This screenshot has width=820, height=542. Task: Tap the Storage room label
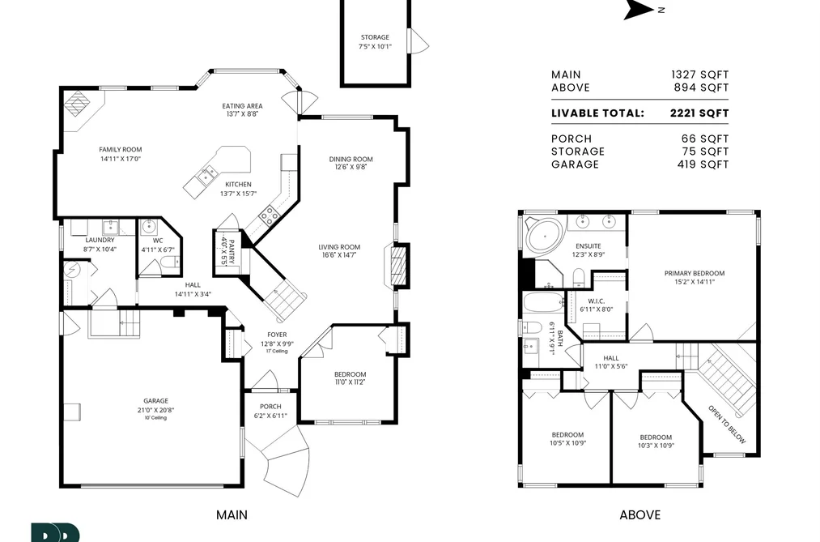[x=375, y=37]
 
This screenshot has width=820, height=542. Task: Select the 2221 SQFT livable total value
[x=699, y=113]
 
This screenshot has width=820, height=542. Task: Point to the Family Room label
[x=121, y=150]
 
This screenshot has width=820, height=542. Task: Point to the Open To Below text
[x=727, y=425]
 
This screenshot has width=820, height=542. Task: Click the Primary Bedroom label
[x=695, y=273]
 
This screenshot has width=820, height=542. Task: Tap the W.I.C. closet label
[x=596, y=301]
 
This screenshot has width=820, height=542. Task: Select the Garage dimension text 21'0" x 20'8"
[x=156, y=410]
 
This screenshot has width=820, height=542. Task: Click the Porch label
[x=270, y=407]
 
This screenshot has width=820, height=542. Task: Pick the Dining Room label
[x=351, y=159]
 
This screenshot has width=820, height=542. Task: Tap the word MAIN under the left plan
[x=232, y=515]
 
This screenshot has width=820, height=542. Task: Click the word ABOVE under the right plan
[x=640, y=515]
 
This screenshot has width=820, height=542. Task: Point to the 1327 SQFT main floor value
[x=699, y=75]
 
